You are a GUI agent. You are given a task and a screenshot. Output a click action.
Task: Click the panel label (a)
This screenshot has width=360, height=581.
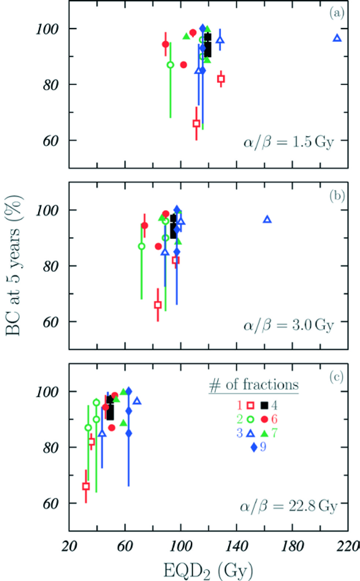pyautogui.click(x=337, y=13)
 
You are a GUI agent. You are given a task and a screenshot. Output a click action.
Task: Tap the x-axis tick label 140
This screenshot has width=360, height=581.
pyautogui.click(x=237, y=546)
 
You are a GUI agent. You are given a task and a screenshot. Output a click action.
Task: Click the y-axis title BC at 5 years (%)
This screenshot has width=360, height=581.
pyautogui.click(x=14, y=266)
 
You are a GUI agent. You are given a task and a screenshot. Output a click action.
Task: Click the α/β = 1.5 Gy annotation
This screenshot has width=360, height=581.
pyautogui.click(x=289, y=141)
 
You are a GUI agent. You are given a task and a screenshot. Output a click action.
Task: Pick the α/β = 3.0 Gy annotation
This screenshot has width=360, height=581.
pyautogui.click(x=289, y=325)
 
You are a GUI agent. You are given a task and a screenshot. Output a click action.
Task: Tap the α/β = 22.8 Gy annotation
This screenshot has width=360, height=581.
pyautogui.click(x=289, y=506)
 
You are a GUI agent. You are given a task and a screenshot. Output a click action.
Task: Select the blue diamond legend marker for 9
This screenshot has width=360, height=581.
pyautogui.click(x=254, y=447)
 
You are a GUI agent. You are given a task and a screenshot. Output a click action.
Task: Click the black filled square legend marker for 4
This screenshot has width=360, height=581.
pyautogui.click(x=264, y=406)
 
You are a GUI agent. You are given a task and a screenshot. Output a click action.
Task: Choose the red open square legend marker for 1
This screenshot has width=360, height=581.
pyautogui.click(x=250, y=406)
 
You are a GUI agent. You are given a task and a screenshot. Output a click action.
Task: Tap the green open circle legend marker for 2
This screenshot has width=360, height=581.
pyautogui.click(x=250, y=419)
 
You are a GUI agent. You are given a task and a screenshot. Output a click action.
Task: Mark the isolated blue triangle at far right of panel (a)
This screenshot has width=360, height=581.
pyautogui.click(x=337, y=38)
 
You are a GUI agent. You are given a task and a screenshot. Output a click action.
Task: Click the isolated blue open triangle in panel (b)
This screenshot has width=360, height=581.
pyautogui.click(x=267, y=220)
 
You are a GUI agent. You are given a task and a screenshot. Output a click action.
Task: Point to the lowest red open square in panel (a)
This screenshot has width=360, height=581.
pyautogui.click(x=196, y=123)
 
